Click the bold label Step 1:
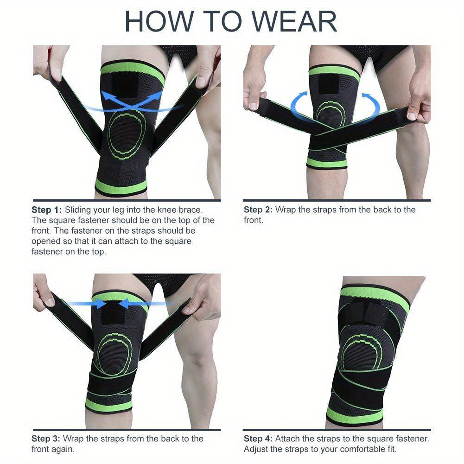coord(47,210)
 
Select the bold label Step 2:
coord(259,210)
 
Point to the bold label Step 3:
coord(47,439)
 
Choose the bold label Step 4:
coord(259,439)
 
